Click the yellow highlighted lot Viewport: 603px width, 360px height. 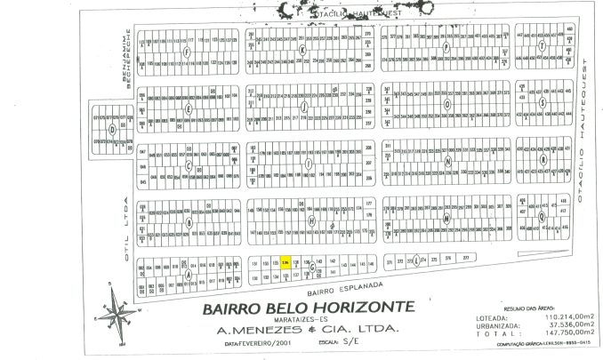[x=285, y=264]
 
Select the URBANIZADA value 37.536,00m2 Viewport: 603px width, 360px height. [x=561, y=324]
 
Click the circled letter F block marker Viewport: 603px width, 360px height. [x=186, y=52]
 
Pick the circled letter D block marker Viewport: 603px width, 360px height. [x=112, y=129]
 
